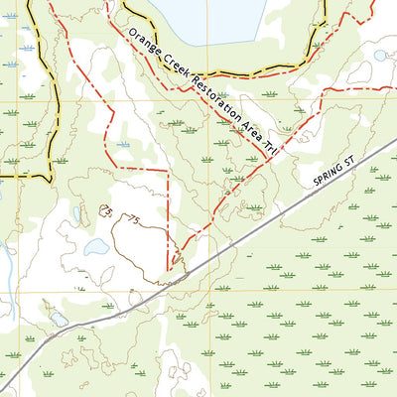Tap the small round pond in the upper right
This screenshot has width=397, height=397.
pyautogui.click(x=380, y=56)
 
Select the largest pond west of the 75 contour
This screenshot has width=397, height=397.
pyautogui.click(x=96, y=246)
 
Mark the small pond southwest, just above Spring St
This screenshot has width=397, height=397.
pyautogui.click(x=59, y=320)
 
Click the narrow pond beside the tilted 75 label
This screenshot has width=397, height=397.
pyautogui.click(x=75, y=212)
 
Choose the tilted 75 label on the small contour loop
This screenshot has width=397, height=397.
pyautogui.click(x=105, y=209)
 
